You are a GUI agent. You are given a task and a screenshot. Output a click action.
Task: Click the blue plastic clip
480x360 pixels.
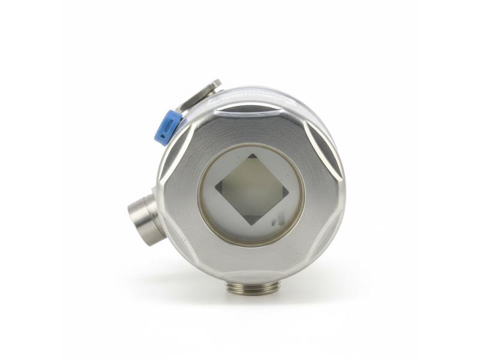click(167, 127)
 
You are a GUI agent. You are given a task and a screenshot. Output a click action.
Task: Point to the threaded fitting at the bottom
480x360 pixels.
click(252, 287)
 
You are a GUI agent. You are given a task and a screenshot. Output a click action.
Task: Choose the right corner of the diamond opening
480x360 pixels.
click(289, 191)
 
